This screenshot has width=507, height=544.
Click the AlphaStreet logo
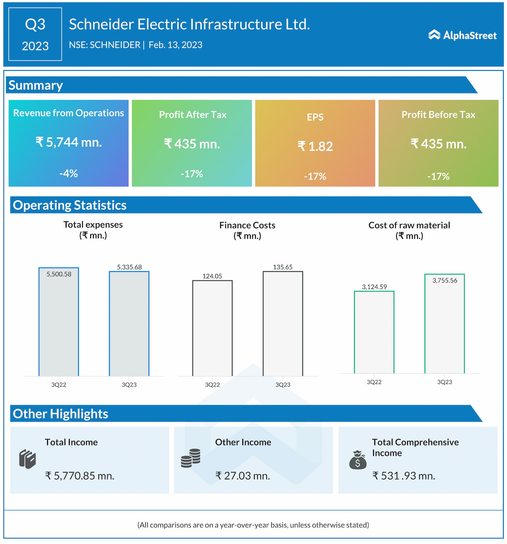point(462,35)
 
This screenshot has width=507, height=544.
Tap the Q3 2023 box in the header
point(35,34)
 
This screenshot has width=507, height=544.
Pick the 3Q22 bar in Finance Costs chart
point(212,328)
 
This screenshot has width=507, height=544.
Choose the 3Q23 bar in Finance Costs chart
point(283,323)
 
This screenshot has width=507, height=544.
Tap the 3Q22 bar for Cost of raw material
point(374,332)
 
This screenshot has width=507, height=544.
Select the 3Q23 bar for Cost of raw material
point(444,323)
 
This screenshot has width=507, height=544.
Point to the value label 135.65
point(283,267)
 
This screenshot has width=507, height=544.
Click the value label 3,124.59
point(374,287)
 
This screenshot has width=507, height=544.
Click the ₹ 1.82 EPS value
point(315,146)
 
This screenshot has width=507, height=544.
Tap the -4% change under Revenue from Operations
point(69,173)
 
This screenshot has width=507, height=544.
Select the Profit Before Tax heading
point(438,115)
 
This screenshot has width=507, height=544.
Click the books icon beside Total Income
point(27,459)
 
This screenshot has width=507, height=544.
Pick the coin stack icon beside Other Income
point(191,458)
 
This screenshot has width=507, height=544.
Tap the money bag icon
point(358,460)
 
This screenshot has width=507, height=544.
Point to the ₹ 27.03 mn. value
point(243,476)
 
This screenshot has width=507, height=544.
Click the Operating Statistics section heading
point(70,205)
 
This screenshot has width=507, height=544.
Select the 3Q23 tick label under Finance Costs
point(283,385)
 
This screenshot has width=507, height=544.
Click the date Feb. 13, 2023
point(175,45)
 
